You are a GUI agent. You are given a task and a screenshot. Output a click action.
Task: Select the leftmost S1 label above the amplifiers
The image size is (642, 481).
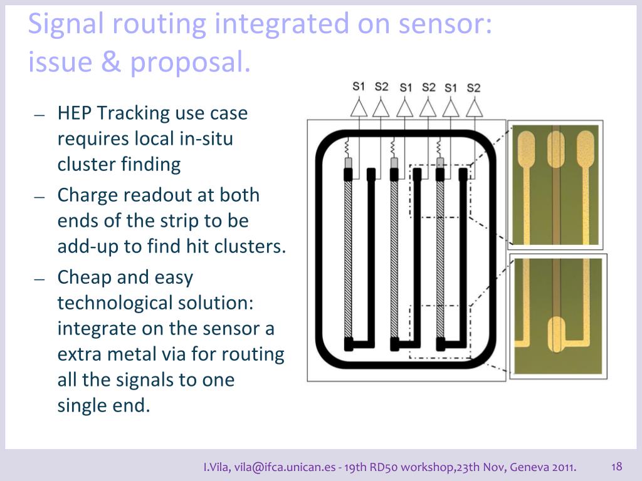[x=359, y=86]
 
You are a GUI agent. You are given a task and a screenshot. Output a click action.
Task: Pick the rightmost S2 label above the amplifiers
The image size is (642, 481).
[x=473, y=87]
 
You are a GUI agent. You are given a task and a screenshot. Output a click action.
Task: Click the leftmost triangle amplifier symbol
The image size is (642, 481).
[x=359, y=108]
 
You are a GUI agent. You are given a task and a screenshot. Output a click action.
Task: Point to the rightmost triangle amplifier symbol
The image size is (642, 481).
[x=474, y=108]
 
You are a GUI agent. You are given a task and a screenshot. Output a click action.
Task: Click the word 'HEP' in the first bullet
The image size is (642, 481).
[x=75, y=113]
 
